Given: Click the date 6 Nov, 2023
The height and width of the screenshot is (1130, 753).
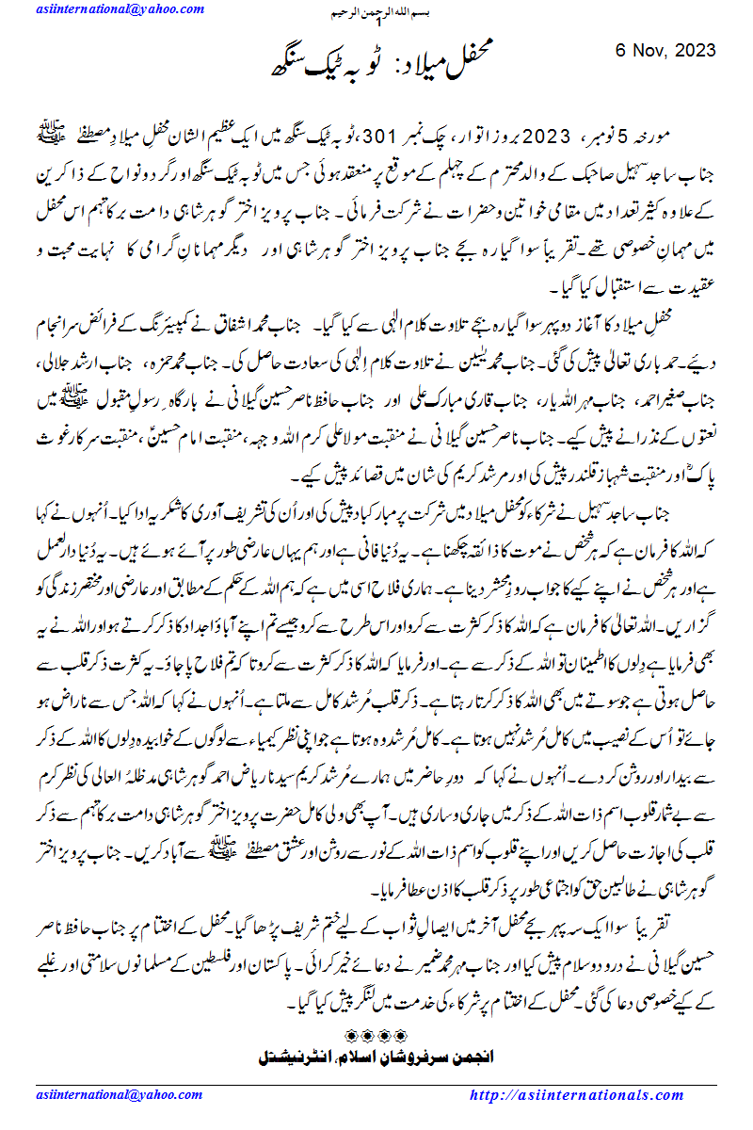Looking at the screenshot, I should pos(665,50).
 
